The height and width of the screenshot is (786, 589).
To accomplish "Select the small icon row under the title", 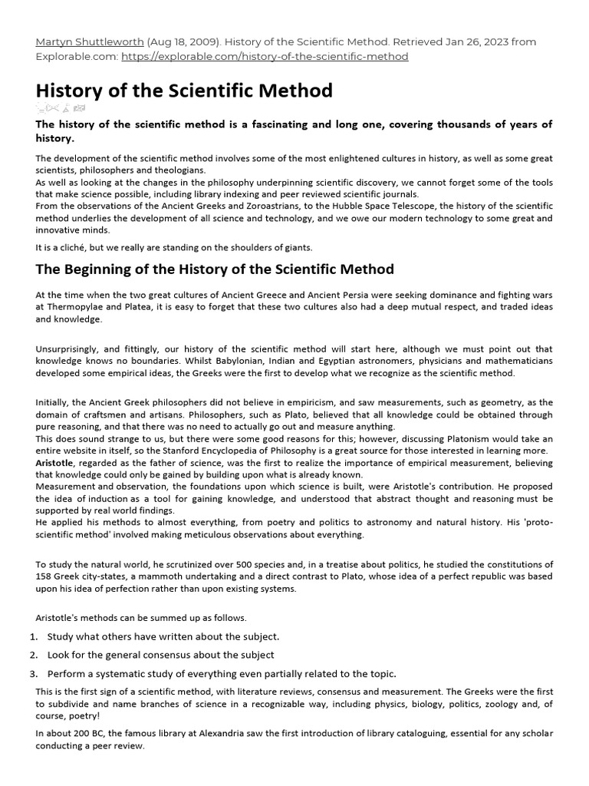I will pyautogui.click(x=61, y=108).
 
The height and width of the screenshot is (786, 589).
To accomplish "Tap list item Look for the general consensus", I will pyautogui.click(x=160, y=655).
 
